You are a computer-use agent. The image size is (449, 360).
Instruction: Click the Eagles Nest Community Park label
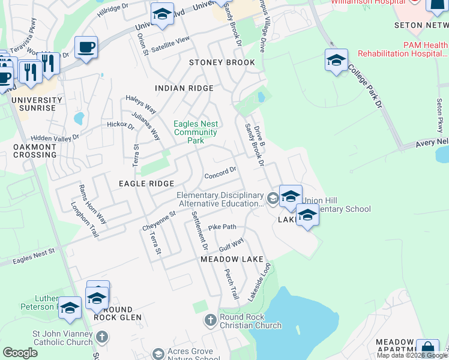click(x=196, y=132)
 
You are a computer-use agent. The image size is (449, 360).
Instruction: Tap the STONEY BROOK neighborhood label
click(x=222, y=62)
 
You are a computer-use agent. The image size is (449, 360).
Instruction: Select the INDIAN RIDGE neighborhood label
click(x=184, y=88)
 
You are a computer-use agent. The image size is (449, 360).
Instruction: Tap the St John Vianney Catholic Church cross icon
click(x=101, y=337)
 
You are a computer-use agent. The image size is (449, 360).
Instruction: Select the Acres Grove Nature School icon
click(x=158, y=354)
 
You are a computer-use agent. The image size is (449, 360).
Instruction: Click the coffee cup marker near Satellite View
click(x=86, y=47)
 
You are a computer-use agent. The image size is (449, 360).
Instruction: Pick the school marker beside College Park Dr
click(x=336, y=61)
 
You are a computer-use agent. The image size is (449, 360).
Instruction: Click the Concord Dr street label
click(x=221, y=173)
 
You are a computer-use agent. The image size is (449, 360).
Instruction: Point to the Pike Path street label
click(x=222, y=227)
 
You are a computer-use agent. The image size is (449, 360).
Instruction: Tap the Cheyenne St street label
click(x=159, y=220)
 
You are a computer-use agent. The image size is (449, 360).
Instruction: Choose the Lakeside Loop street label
click(x=261, y=281)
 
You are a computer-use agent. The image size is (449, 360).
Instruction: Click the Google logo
click(x=20, y=353)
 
